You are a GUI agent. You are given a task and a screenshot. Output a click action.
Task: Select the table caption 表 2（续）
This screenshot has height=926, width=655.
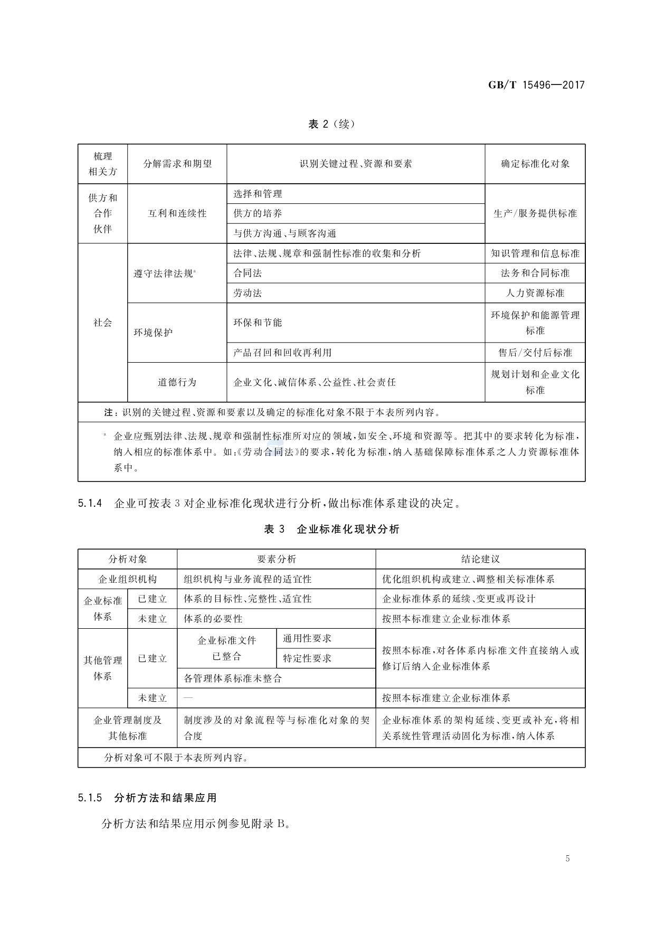pyautogui.click(x=331, y=125)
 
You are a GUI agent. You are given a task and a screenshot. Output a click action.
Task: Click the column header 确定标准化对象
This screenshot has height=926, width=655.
pyautogui.click(x=535, y=164)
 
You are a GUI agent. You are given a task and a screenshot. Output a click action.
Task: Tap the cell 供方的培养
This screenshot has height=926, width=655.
pyautogui.click(x=258, y=213)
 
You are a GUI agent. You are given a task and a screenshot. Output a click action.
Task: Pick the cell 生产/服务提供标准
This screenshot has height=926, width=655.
pyautogui.click(x=535, y=213)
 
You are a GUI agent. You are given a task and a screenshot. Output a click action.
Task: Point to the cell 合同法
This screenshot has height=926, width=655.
pyautogui.click(x=248, y=273)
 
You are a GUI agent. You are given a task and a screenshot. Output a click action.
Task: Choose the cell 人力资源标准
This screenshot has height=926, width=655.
pyautogui.click(x=535, y=293)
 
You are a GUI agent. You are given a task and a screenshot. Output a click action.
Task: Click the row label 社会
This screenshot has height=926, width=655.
pyautogui.click(x=102, y=323)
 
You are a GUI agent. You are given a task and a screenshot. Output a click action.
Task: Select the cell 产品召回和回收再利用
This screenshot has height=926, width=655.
pyautogui.click(x=282, y=353)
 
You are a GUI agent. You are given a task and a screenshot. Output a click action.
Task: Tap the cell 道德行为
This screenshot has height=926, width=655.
pyautogui.click(x=177, y=382)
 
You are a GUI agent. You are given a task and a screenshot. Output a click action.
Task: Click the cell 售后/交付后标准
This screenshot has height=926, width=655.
pyautogui.click(x=535, y=353)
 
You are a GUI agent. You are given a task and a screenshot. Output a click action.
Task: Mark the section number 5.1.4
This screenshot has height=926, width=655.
pyautogui.click(x=89, y=504)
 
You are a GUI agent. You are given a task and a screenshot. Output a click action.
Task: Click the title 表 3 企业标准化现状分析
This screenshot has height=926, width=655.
pyautogui.click(x=331, y=529)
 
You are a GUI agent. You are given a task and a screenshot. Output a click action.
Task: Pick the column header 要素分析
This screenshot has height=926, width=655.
pyautogui.click(x=276, y=559)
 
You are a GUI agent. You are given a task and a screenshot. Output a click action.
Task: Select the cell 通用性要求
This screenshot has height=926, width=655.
pyautogui.click(x=307, y=638)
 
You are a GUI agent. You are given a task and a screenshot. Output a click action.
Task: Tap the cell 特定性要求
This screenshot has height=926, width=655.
pyautogui.click(x=307, y=658)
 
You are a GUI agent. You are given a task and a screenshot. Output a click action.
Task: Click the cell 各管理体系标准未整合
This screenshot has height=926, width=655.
pyautogui.click(x=233, y=678)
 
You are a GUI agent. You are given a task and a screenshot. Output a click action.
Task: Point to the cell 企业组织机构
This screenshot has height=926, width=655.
pyautogui.click(x=127, y=579)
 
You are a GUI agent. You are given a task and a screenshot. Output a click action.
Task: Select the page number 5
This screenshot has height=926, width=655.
pyautogui.click(x=567, y=858)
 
